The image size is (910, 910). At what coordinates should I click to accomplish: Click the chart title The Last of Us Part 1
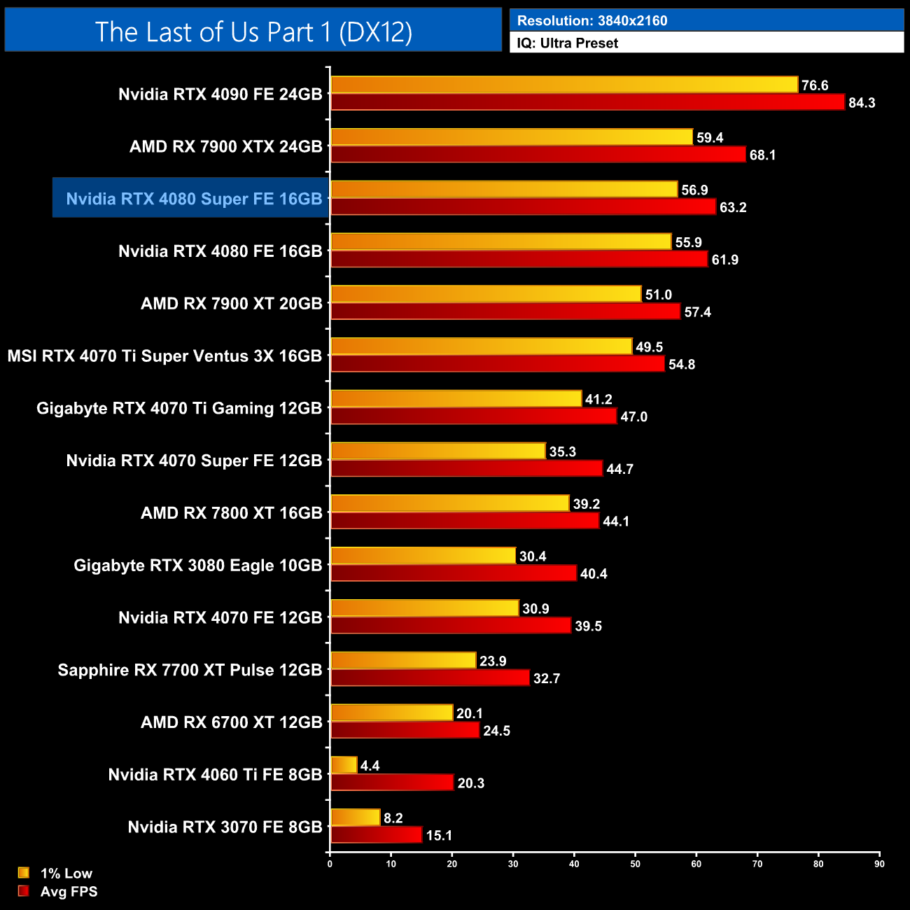[253, 32]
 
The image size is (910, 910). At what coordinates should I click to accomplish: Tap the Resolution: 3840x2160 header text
[592, 21]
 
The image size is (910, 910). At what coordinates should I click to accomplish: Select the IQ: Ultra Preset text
[568, 43]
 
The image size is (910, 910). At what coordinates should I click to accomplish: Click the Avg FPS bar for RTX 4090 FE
[587, 102]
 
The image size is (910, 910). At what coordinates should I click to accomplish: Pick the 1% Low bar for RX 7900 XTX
[512, 137]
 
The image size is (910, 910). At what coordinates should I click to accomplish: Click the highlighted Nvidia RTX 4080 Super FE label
[194, 199]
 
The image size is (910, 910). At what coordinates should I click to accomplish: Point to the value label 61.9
[725, 260]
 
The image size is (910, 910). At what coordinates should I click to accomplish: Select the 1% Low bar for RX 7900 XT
[486, 294]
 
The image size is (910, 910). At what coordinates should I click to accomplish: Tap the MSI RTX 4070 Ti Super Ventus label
[164, 356]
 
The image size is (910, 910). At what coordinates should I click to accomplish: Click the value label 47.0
[634, 416]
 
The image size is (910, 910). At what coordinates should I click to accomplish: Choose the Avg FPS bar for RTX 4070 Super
[466, 468]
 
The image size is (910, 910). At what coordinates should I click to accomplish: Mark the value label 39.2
[587, 504]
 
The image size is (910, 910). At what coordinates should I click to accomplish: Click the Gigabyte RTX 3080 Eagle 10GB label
[198, 565]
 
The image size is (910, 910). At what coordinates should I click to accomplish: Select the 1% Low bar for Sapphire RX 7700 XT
[403, 660]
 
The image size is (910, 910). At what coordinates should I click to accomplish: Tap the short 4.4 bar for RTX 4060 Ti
[344, 765]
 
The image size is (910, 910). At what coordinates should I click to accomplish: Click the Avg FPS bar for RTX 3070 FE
[376, 835]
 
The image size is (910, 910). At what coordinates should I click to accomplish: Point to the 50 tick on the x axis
[635, 864]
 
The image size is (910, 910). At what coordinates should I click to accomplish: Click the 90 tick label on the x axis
[879, 864]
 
